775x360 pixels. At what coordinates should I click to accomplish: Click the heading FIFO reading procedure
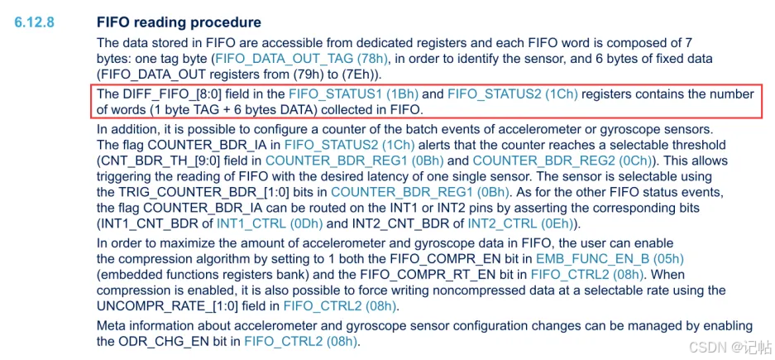tap(179, 23)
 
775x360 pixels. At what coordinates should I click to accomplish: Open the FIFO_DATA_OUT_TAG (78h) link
tap(301, 59)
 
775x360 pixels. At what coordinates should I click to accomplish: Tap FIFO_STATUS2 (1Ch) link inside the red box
tap(512, 95)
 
